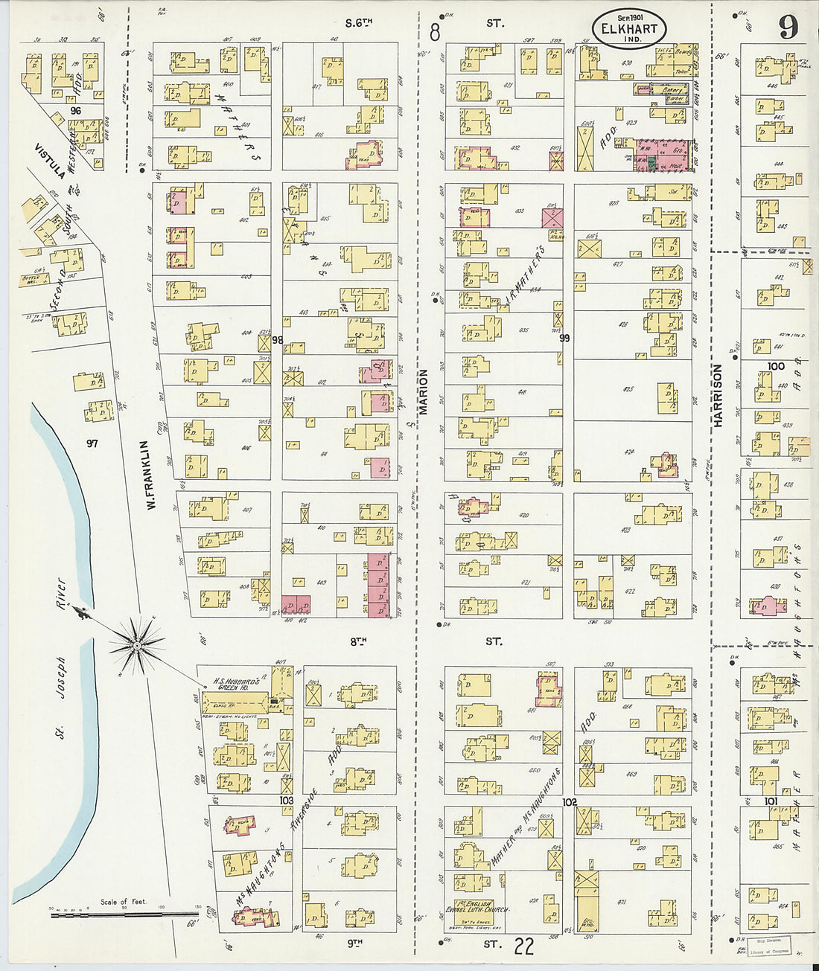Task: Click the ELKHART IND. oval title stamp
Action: coord(630,29)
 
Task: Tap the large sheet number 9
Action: coord(788,27)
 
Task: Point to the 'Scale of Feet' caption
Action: coord(124,902)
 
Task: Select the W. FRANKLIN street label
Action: coord(150,475)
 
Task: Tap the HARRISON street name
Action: coord(718,395)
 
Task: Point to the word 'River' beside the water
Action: coord(61,595)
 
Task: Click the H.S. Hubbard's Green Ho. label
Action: coord(236,683)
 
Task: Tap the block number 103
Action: coord(286,800)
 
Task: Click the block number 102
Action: coord(570,802)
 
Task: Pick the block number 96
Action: coord(75,110)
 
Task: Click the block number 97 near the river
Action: coord(92,443)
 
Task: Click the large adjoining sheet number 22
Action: coord(523,946)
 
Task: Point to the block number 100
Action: coord(776,366)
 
